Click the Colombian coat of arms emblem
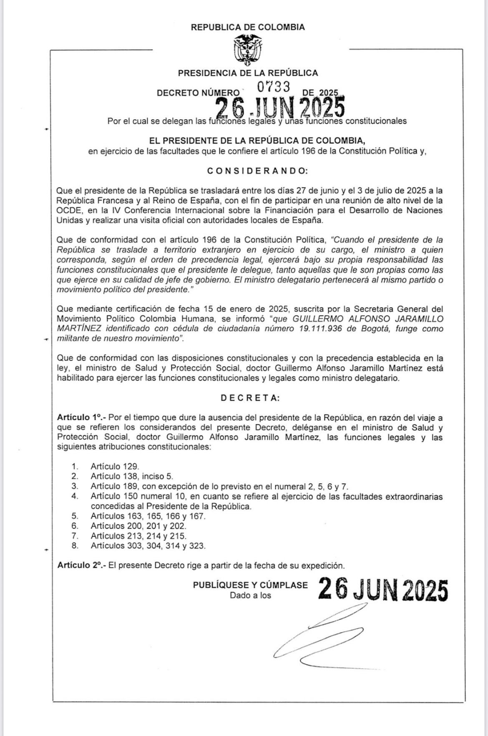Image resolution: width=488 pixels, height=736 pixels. point(248,50)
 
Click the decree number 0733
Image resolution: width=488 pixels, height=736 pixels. point(273,87)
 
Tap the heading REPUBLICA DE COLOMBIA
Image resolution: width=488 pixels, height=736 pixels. point(248,27)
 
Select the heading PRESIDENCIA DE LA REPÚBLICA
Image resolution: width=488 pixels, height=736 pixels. point(248,73)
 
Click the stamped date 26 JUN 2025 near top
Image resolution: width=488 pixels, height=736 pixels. point(280,108)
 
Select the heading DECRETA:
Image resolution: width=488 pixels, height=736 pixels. point(250,398)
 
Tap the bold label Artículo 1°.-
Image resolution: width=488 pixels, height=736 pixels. point(82,417)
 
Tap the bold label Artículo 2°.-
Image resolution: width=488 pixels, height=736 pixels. point(82,565)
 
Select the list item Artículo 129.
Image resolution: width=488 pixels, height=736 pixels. point(115,467)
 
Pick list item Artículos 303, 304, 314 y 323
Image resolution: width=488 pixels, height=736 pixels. point(148,546)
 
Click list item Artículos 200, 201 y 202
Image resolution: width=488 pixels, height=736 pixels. point(138,526)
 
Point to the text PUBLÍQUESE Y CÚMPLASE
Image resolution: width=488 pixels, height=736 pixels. point(250,585)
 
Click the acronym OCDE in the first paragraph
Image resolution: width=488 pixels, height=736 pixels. point(66,210)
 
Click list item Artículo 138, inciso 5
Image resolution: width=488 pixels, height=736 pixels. point(131,476)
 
